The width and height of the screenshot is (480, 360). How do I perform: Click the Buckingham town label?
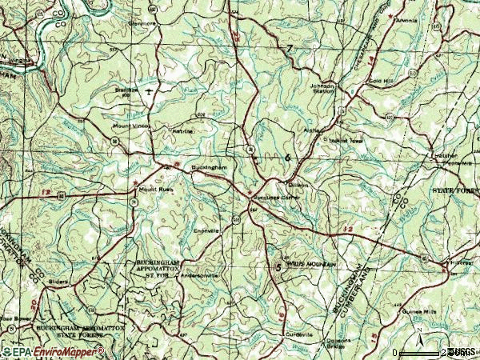pos(211,167)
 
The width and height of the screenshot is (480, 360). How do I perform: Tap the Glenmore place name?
pos(142,23)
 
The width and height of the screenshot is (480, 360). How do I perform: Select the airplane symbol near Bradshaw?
pos(150,92)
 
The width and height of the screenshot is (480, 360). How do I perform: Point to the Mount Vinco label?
pos(128,126)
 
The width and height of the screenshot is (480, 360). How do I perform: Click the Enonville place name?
pos(206,228)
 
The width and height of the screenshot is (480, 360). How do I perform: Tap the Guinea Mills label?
pos(407,309)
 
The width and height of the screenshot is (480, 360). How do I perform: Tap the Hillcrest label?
pos(462,262)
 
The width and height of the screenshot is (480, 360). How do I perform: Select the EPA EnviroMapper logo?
pos(53,352)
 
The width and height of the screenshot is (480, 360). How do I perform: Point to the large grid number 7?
pos(290,50)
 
